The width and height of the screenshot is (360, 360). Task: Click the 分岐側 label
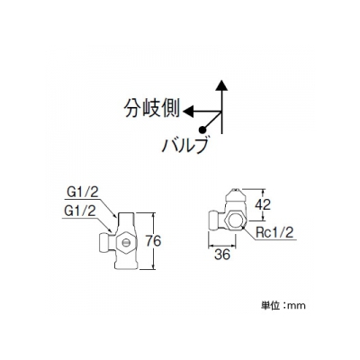click(x=152, y=108)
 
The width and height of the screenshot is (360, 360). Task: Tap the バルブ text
click(x=184, y=146)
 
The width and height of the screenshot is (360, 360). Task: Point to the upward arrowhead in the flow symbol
click(x=221, y=85)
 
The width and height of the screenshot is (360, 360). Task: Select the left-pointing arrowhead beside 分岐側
click(x=188, y=112)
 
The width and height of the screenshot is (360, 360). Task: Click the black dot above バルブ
click(x=202, y=130)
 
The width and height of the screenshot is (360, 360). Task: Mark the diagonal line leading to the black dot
click(x=212, y=121)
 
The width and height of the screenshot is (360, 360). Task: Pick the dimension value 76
click(x=153, y=241)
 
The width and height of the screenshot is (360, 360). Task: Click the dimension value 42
click(x=263, y=204)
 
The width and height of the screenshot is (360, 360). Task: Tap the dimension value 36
click(x=222, y=255)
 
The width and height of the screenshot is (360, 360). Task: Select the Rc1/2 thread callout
click(x=274, y=232)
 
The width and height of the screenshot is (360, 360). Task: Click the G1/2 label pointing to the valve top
click(x=83, y=193)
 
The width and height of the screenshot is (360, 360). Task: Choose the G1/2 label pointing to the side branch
click(x=80, y=211)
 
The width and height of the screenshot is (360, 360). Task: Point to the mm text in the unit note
click(x=296, y=306)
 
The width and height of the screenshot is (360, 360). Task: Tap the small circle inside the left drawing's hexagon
click(x=126, y=241)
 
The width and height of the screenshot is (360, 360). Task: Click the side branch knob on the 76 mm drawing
click(x=104, y=241)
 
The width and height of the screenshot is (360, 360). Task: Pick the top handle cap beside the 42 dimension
click(x=236, y=195)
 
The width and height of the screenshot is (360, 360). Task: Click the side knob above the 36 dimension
click(x=213, y=220)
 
